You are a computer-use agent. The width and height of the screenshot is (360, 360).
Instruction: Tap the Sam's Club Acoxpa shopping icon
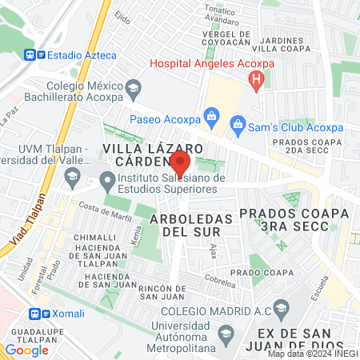coord(237,124)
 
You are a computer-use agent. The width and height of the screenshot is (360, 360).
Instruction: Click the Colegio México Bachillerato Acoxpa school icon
coord(134,86)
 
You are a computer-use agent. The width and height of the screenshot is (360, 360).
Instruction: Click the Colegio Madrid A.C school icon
coord(281,308)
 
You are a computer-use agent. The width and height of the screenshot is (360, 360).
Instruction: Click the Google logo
coord(26,350)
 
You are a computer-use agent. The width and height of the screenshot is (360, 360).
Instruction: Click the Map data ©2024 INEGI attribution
coord(313,354)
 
